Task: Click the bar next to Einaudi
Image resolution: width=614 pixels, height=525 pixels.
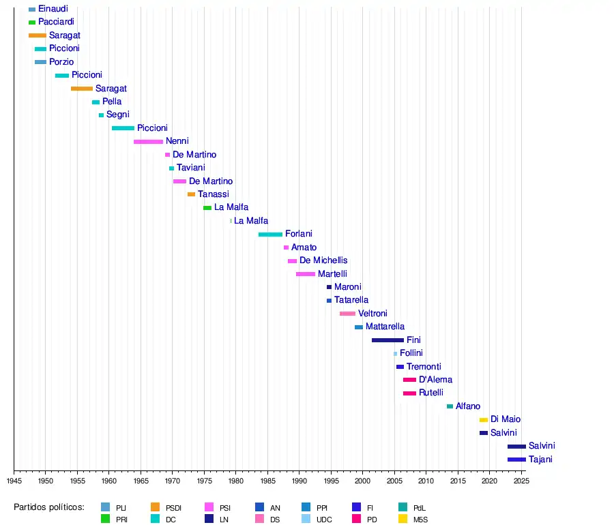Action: point(32,9)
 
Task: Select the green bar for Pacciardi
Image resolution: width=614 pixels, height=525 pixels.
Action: point(32,22)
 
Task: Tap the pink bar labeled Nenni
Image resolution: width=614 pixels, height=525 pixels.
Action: point(148,142)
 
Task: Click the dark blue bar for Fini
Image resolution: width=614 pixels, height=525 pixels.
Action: point(388,340)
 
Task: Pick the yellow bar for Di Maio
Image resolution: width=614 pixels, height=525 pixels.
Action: point(484,420)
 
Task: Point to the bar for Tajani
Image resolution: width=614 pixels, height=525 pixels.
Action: point(516,460)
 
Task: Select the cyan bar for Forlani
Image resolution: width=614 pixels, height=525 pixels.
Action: point(270,235)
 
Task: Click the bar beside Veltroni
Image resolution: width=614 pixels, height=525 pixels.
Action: point(347,314)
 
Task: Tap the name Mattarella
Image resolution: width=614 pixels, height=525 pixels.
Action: point(385,327)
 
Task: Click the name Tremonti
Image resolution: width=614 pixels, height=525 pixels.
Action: point(424,367)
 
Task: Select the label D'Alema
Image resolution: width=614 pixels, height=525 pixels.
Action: point(435,380)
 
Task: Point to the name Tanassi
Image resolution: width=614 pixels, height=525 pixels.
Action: point(214,194)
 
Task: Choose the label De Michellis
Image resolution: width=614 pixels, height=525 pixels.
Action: point(323,260)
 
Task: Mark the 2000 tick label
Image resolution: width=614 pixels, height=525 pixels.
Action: point(362,481)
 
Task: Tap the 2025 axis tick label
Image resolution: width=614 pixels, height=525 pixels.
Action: point(521,481)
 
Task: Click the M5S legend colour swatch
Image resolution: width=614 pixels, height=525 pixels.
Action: point(403,519)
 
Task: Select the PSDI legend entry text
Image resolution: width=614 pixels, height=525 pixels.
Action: point(173,508)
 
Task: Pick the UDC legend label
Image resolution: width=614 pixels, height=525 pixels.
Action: point(324,520)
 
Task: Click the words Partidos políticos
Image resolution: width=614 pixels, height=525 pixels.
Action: point(49,507)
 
